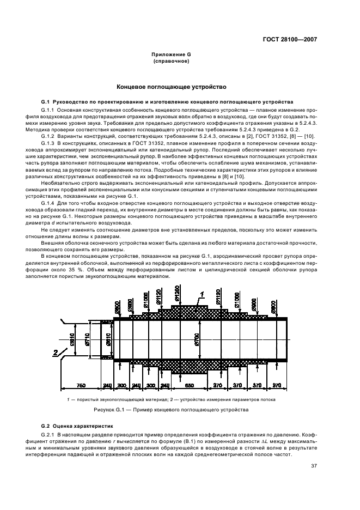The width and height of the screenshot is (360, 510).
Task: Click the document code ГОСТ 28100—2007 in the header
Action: (x=291, y=39)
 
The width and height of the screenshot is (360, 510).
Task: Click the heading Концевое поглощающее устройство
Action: (x=170, y=87)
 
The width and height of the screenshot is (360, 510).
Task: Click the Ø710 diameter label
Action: (x=86, y=341)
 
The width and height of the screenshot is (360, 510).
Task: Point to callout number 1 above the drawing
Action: (x=200, y=294)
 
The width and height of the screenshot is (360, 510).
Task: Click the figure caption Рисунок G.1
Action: (x=170, y=408)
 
